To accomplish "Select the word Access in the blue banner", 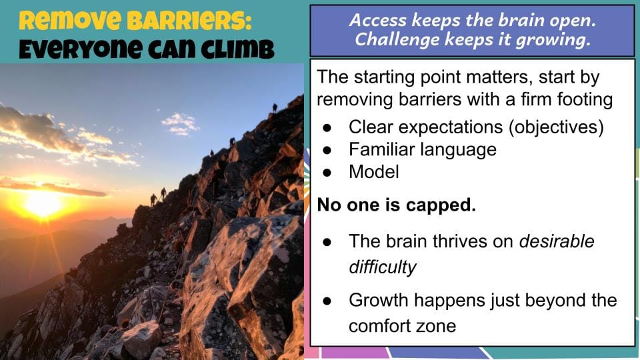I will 377,21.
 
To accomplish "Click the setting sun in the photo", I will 42,203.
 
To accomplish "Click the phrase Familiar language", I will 422,149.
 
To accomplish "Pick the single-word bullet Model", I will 373,171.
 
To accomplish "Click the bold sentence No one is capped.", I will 396,205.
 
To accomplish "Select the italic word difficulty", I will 382,267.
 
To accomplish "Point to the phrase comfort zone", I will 402,325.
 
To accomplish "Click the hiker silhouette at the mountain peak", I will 275,107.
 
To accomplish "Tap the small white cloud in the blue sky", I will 181,123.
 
